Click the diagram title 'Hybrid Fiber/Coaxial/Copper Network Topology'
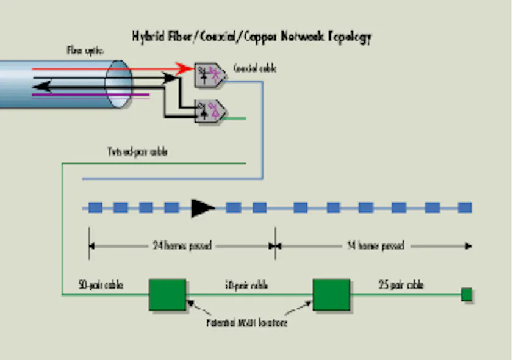tap(251, 37)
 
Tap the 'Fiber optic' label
tap(85, 51)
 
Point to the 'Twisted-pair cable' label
tap(133, 152)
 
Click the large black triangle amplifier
tap(202, 207)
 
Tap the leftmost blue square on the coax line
tap(95, 207)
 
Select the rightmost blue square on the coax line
tap(465, 207)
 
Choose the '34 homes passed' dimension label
tap(375, 246)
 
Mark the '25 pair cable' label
tap(401, 284)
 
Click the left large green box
tap(168, 295)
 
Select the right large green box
tap(331, 295)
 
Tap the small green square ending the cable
tap(467, 295)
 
